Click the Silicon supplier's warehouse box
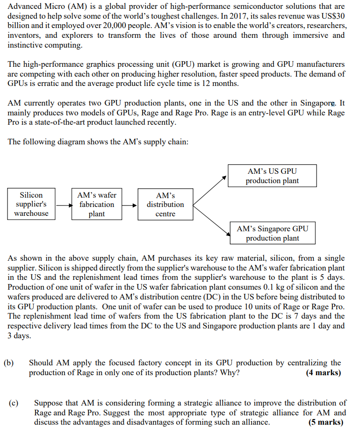click(31, 204)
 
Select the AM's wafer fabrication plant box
click(96, 204)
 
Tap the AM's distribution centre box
click(165, 204)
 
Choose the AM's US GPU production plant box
click(272, 176)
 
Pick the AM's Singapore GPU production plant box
click(272, 233)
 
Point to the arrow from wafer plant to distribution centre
click(130, 205)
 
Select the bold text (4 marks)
click(324, 373)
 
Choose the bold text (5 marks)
click(326, 422)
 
